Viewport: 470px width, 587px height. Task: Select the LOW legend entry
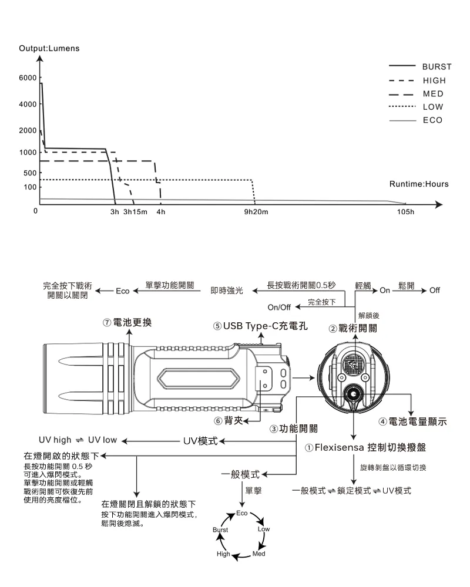(433, 107)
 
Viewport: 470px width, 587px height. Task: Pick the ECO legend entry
(432, 120)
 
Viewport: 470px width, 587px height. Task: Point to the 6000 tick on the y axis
(28, 77)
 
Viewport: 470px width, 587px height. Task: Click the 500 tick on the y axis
(29, 173)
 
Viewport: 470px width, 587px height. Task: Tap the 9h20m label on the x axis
(256, 212)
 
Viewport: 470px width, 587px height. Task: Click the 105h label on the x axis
(406, 212)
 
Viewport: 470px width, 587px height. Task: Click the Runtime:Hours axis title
(419, 184)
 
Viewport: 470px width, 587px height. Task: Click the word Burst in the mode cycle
(220, 529)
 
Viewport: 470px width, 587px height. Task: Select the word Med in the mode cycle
(258, 554)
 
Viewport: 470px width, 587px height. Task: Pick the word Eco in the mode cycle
(243, 514)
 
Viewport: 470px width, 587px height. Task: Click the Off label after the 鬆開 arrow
(435, 291)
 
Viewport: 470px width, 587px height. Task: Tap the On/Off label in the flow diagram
(279, 307)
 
